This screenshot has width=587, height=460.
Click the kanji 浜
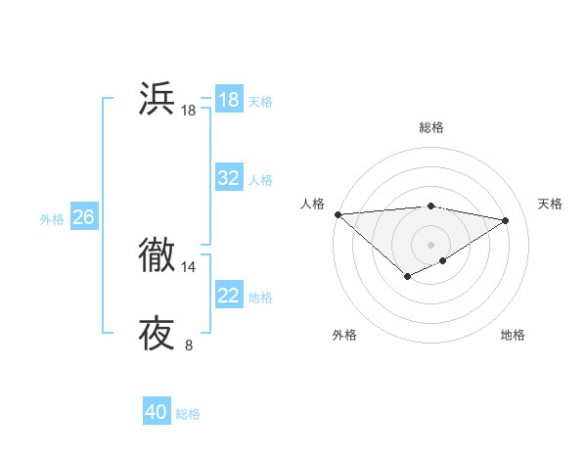(157, 100)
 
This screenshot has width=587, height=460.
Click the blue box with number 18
(229, 100)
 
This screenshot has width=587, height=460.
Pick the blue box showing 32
(229, 178)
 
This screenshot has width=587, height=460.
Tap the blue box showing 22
(229, 296)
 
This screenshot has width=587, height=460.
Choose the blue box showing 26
(83, 217)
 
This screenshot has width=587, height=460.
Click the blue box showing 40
(157, 412)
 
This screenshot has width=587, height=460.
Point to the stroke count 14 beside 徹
(189, 266)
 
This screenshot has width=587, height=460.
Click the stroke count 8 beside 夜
(189, 345)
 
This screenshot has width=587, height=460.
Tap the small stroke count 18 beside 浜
(189, 111)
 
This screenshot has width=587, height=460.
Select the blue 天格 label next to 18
(260, 101)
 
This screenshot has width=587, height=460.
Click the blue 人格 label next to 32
(260, 180)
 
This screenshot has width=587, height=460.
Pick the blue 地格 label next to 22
(260, 298)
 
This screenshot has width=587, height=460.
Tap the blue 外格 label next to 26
(52, 219)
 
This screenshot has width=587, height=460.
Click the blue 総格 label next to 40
(188, 414)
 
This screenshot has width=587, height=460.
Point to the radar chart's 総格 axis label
(430, 127)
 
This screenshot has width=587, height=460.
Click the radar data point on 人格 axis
(338, 214)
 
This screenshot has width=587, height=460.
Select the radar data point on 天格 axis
(505, 220)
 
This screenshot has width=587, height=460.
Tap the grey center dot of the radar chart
(430, 244)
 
